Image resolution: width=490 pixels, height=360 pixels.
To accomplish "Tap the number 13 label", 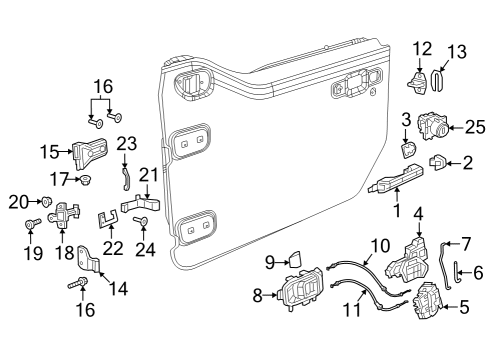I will pos(456,50).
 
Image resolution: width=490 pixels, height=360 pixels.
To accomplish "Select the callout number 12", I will pos(422,47).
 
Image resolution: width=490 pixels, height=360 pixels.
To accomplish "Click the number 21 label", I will pos(149,176).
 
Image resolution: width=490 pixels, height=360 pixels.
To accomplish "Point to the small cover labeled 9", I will pos(293,260).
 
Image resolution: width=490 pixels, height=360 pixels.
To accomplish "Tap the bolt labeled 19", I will pos(30,229).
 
